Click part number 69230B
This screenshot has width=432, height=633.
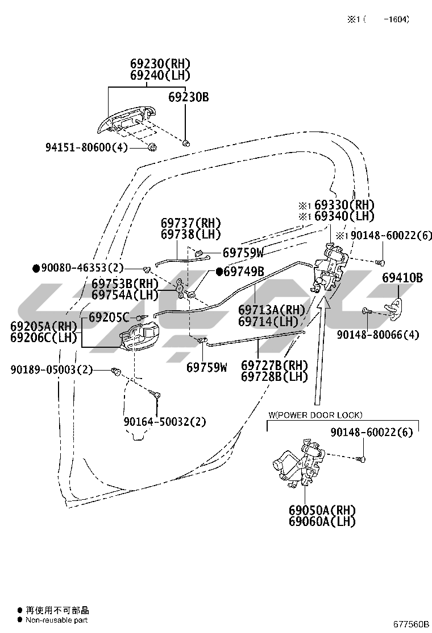coord(188,97)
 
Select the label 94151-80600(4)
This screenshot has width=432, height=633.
coord(87,147)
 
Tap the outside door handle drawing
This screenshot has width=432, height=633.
coord(126,118)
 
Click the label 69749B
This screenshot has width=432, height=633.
coord(244,272)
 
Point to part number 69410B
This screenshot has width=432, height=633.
coord(402,278)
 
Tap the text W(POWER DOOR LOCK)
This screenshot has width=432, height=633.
coord(314,415)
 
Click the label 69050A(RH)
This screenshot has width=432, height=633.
coord(322,509)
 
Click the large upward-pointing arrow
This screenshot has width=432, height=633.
coord(322,352)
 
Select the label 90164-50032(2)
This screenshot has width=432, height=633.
coord(165,422)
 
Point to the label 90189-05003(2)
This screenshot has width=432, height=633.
coord(51,370)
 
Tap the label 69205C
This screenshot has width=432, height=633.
coord(109,318)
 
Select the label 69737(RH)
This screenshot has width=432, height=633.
coord(190,223)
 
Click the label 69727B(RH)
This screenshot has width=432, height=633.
coord(275,365)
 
